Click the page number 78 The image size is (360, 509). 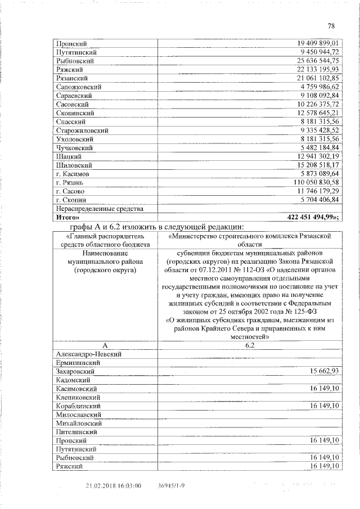(331, 26)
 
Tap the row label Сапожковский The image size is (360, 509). (78, 87)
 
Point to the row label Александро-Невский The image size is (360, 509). (89, 354)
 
